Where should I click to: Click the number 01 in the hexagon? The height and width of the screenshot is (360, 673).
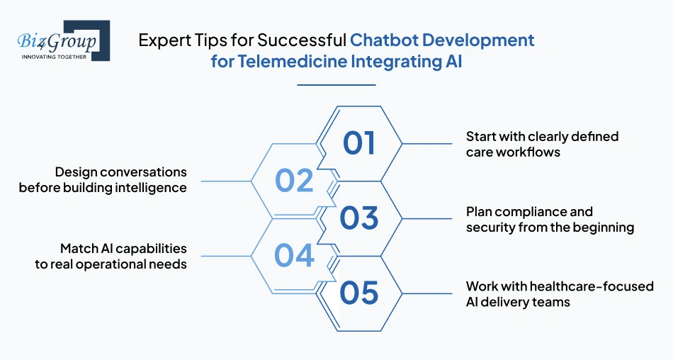[x=359, y=143]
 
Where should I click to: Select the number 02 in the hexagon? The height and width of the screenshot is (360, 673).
[x=294, y=181]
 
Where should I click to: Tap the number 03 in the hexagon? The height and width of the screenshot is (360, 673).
[x=359, y=218]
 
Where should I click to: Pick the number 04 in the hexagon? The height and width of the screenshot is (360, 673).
[x=294, y=256]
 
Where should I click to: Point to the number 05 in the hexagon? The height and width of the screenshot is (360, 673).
[x=359, y=293]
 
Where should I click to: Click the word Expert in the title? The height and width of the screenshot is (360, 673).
[x=161, y=40]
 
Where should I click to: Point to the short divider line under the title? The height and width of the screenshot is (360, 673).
[x=336, y=85]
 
